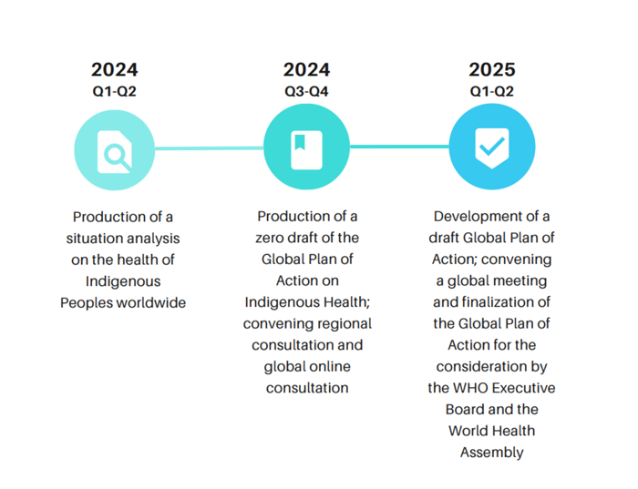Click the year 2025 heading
(492, 70)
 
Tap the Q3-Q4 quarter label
(306, 91)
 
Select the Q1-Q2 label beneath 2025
(492, 91)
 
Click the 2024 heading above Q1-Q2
(115, 70)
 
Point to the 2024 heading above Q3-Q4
(306, 70)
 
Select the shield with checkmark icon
(492, 148)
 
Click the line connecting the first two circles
(210, 148)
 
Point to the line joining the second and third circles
(399, 146)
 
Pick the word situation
(95, 238)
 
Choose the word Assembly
(491, 453)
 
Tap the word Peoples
(87, 302)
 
